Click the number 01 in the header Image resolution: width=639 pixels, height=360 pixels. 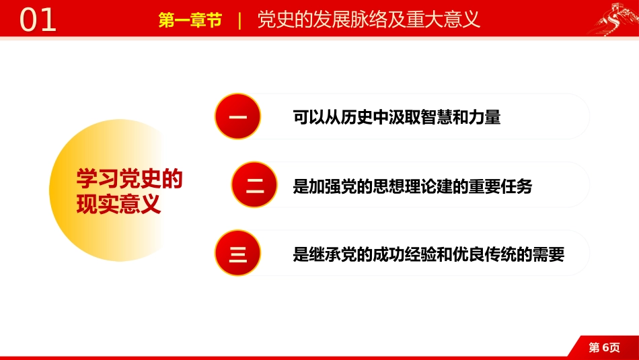[38, 20]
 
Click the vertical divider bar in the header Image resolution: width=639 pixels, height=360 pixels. [240, 20]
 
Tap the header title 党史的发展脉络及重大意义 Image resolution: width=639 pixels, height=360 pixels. [369, 20]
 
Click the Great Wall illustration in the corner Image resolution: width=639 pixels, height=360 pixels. [609, 19]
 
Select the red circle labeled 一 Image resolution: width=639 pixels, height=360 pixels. [237, 117]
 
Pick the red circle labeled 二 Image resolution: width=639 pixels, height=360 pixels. [254, 185]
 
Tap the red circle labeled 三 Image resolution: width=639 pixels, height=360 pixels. [237, 254]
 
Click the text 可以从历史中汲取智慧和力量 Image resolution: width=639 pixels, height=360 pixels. [397, 118]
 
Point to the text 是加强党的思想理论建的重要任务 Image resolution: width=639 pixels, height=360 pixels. [412, 186]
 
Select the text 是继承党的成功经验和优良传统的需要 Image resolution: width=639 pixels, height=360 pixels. [428, 254]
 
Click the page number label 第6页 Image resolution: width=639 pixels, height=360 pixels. [604, 347]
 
